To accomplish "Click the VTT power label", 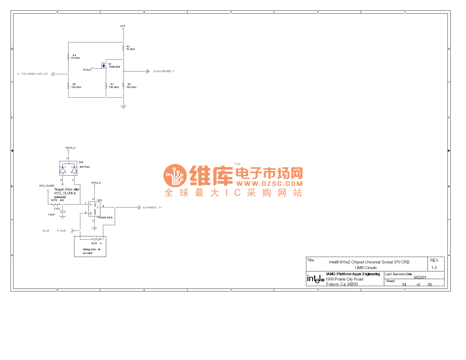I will [123, 26].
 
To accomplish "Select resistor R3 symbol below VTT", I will [124, 48].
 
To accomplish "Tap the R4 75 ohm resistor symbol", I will [68, 57].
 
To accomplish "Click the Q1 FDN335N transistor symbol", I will [104, 66].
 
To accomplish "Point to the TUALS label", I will [87, 70].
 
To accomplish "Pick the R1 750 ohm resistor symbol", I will [106, 86].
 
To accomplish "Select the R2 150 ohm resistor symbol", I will [124, 86].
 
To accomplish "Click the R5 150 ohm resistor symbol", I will [68, 86].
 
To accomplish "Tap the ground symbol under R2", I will [124, 107].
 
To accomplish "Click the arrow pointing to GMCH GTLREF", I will [147, 71].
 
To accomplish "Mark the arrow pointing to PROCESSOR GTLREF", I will [53, 74].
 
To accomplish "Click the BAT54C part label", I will [85, 167].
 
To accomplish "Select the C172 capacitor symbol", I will [62, 212].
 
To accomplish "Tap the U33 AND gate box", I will [94, 209].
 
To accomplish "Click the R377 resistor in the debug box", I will [96, 239].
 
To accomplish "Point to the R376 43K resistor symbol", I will [56, 204].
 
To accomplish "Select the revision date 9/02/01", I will [420, 277].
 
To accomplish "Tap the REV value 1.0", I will [434, 268].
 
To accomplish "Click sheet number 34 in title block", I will [404, 284].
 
